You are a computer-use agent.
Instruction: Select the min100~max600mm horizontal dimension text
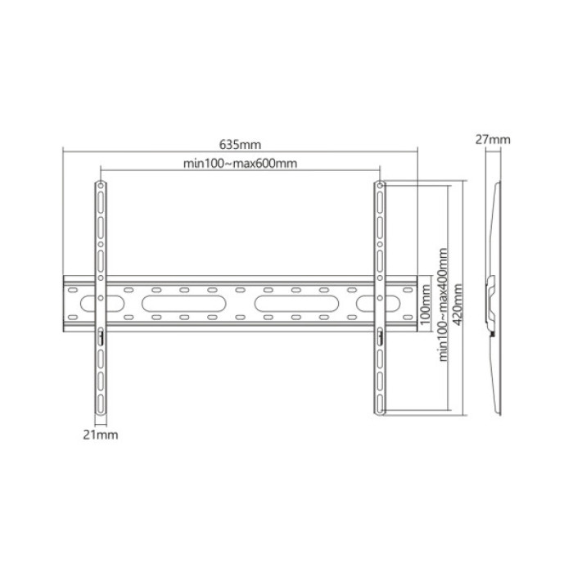(240, 164)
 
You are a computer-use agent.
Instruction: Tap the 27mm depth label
(494, 139)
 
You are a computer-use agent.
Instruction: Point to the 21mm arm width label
(102, 435)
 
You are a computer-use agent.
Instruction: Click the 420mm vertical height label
(457, 305)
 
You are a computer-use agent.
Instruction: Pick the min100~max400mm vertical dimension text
(443, 305)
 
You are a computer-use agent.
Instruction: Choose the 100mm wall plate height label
(425, 304)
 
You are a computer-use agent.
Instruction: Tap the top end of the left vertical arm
(101, 185)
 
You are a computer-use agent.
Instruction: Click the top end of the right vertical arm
(380, 185)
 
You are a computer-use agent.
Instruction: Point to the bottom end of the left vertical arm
(101, 413)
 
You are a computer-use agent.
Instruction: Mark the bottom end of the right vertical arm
(380, 413)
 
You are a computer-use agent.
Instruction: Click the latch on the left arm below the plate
(101, 336)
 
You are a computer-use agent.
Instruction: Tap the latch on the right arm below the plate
(380, 336)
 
